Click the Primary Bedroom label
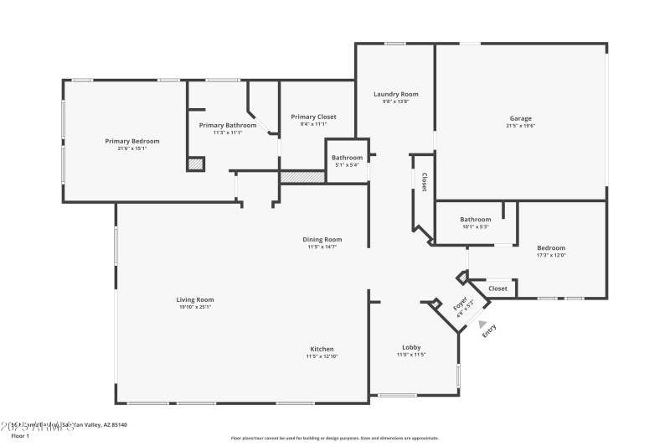[131, 141]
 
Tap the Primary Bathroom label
[228, 125]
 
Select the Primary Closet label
[313, 117]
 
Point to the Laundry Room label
[395, 94]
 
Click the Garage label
[520, 118]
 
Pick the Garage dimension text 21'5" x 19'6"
[520, 126]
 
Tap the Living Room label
[195, 299]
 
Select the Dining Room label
[322, 239]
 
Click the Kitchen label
[322, 349]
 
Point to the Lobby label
[411, 347]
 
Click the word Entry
[490, 330]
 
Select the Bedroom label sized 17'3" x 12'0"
[551, 247]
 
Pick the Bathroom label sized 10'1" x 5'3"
[475, 219]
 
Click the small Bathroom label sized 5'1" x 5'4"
[347, 158]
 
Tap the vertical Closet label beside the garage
[424, 182]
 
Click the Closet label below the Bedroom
[497, 288]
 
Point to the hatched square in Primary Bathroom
[196, 164]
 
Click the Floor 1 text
[19, 436]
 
